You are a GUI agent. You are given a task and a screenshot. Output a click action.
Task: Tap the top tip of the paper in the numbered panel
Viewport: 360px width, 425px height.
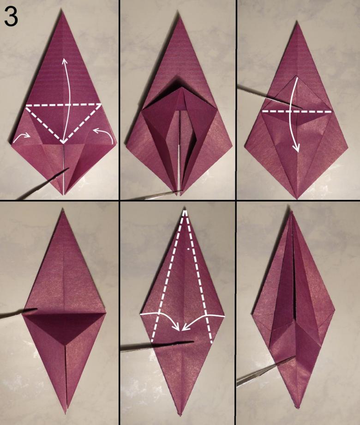(x=62, y=11)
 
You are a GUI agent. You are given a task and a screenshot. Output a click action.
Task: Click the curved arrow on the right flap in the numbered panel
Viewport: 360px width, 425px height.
(x=103, y=135)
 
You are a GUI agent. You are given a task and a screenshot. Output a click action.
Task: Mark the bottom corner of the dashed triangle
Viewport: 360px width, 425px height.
(x=63, y=143)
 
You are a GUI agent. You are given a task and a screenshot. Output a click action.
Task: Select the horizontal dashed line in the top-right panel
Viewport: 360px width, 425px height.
(x=297, y=111)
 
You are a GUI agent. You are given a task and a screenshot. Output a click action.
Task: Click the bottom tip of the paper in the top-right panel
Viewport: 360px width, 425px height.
(x=297, y=199)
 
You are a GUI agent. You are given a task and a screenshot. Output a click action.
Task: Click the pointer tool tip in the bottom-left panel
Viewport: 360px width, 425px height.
(x=36, y=309)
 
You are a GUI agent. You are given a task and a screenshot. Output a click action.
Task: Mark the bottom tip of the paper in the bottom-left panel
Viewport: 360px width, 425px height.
(x=66, y=413)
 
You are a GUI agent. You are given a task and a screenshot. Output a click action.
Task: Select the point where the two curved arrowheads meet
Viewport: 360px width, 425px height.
(x=181, y=330)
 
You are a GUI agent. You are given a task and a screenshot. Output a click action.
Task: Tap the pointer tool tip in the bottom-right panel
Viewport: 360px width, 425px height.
(x=294, y=357)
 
